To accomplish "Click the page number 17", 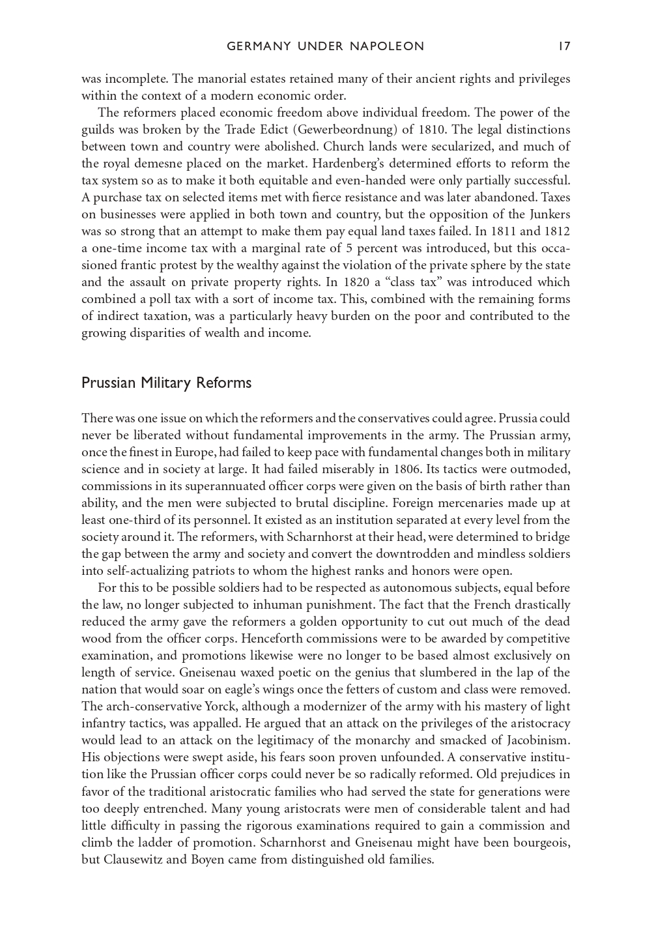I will pyautogui.click(x=564, y=46).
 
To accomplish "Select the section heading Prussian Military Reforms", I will pyautogui.click(x=166, y=383).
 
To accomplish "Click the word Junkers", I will pyautogui.click(x=548, y=214).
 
